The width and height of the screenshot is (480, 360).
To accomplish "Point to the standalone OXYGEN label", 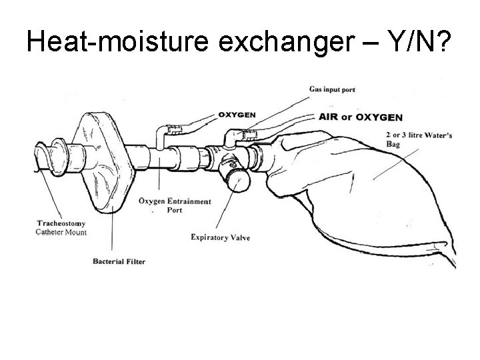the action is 237,115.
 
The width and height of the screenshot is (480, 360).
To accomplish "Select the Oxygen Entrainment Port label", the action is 175,205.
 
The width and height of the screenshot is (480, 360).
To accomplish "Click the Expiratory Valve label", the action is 221,237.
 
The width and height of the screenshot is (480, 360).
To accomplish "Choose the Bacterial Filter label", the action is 119,261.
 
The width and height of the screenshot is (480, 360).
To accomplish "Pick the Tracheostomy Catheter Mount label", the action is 61,227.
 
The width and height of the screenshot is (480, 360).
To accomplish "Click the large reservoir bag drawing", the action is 373,193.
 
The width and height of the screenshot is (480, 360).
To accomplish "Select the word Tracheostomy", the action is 61,223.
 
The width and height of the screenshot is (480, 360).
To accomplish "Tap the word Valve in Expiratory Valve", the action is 239,237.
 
